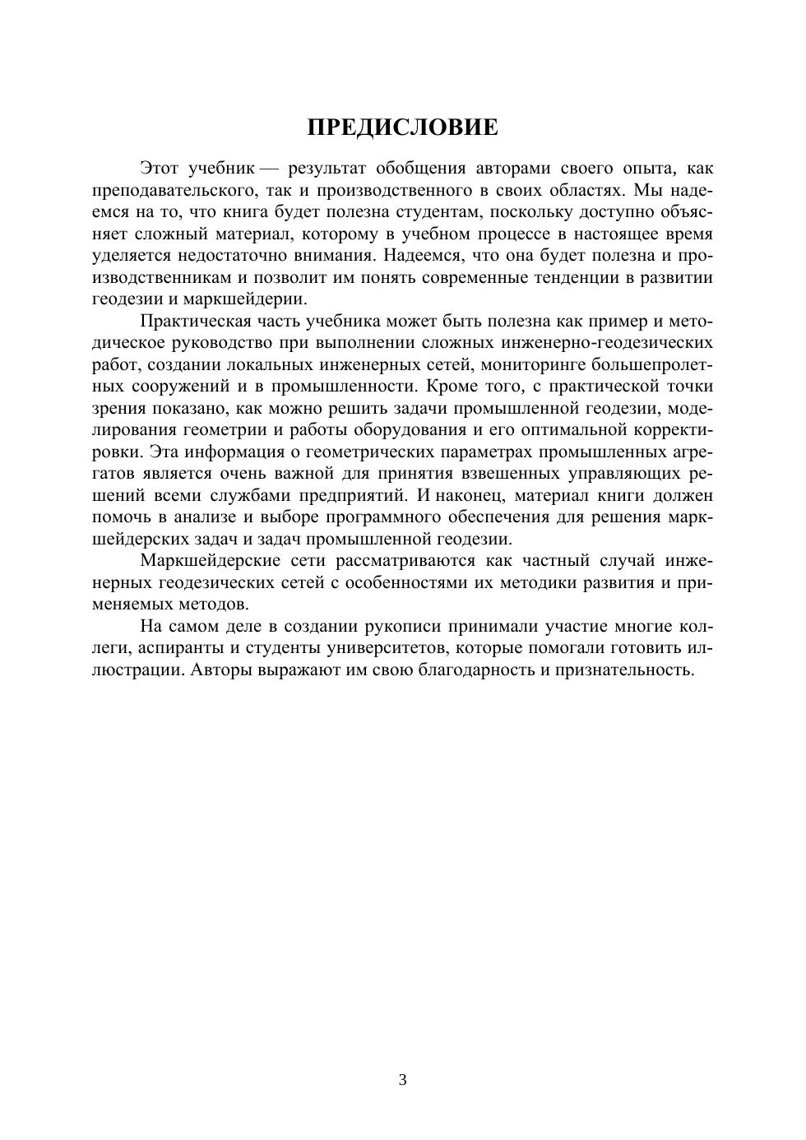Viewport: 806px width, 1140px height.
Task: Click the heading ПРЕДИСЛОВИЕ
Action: [x=402, y=127]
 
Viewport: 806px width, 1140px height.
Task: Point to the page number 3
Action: [x=402, y=1080]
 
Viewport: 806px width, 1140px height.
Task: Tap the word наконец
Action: [x=468, y=495]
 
